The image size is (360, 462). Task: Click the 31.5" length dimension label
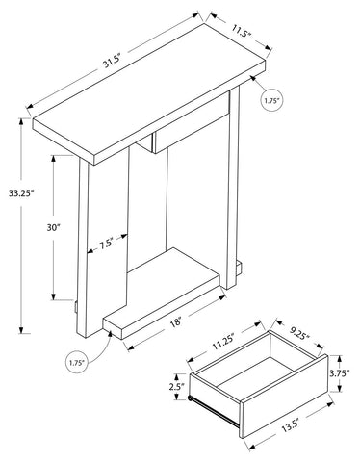112,61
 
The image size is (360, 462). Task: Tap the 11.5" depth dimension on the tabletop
241,31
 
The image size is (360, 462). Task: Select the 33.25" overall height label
21,193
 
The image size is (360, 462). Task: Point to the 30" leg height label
54,227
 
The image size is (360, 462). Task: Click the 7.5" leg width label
106,243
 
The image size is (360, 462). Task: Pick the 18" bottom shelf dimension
176,321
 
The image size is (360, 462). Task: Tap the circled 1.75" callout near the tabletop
272,100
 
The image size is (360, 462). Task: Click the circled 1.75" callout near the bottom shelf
76,363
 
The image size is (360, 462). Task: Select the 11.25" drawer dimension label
222,344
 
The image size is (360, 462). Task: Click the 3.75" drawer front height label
339,373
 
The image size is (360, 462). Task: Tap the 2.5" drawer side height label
177,387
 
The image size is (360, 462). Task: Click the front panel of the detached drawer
284,397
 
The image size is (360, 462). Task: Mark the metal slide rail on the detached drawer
214,412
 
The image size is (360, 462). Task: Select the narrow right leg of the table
233,188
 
